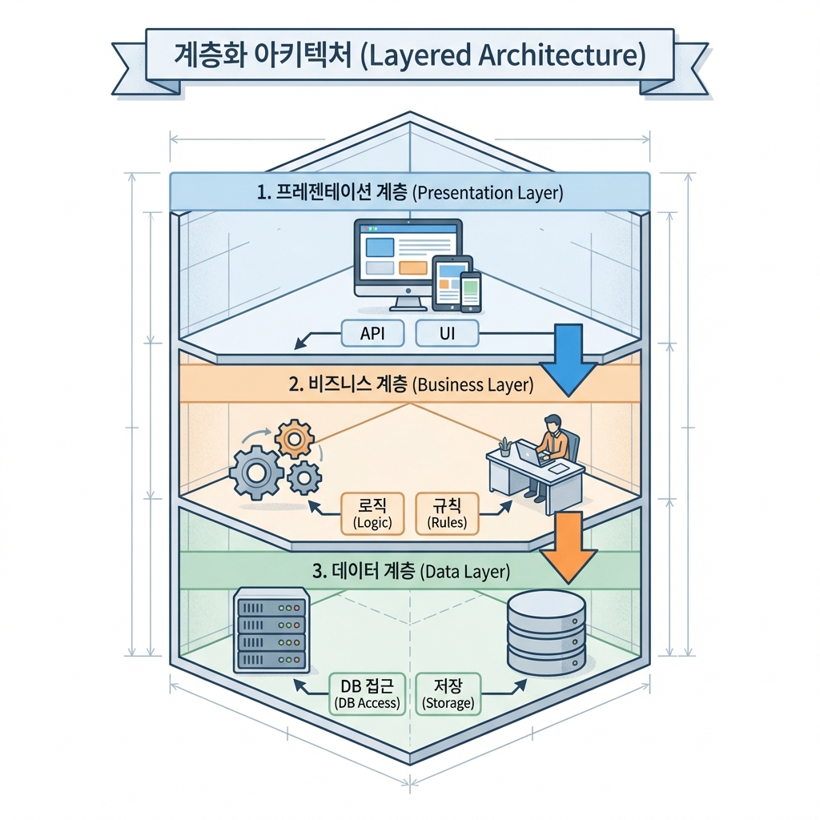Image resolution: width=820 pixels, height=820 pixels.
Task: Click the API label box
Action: point(372,334)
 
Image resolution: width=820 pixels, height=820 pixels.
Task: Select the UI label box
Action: point(448,334)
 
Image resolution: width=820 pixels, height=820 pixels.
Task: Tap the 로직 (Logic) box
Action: point(372,513)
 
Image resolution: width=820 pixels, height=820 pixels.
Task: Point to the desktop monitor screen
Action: point(408,255)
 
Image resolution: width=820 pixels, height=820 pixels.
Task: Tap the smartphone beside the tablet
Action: point(471,291)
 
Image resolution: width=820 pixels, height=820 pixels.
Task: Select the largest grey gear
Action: point(256,473)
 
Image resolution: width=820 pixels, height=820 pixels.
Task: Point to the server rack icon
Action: point(271,630)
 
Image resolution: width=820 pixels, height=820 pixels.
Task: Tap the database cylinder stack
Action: point(547,633)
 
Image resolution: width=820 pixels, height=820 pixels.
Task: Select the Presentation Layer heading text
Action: point(409,193)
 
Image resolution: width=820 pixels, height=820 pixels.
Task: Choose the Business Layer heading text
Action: point(409,384)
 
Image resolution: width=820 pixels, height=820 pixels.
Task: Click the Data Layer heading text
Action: point(409,572)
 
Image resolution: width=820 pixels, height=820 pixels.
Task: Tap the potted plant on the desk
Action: point(504,446)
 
